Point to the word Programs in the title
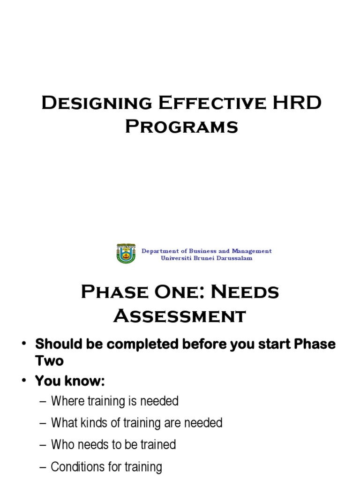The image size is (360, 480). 181,127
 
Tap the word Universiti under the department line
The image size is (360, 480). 175,258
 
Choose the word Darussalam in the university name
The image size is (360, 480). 235,258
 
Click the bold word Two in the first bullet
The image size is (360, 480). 49,361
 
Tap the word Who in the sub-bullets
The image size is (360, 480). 61,444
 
